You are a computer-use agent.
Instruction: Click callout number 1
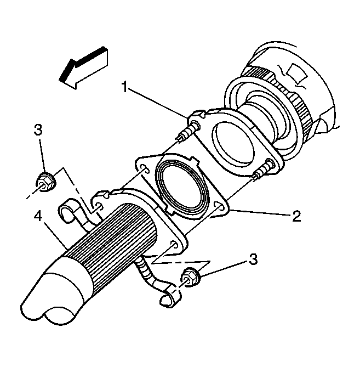coord(125,87)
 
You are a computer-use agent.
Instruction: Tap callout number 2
coord(296,216)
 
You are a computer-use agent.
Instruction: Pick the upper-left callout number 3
coord(38,129)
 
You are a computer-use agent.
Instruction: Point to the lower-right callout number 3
coord(253,259)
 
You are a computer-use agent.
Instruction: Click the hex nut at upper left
coord(45,182)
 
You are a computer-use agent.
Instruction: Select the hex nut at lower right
coord(190,277)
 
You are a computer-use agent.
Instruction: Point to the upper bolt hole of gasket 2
coord(145,169)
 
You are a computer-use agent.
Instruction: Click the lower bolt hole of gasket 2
coord(219,205)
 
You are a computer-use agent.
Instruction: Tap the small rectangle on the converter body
coord(298,73)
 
